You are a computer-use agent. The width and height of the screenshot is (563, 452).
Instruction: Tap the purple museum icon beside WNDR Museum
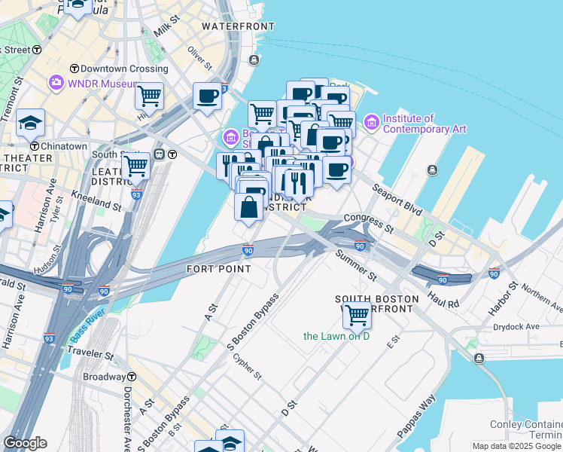(56, 83)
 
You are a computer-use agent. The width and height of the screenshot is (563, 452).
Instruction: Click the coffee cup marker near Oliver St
(207, 96)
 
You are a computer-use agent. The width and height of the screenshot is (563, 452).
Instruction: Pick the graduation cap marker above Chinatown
(30, 121)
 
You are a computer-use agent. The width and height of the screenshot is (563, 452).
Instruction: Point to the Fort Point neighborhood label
(218, 268)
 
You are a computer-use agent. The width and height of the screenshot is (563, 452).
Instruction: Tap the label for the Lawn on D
(336, 336)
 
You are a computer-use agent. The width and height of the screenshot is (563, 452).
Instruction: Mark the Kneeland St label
(96, 200)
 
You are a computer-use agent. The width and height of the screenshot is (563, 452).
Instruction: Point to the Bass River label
(88, 324)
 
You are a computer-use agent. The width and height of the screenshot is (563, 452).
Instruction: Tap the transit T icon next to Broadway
(131, 377)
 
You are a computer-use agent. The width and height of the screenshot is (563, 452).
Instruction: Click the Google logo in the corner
(25, 443)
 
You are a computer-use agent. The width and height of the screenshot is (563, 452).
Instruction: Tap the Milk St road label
(164, 29)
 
